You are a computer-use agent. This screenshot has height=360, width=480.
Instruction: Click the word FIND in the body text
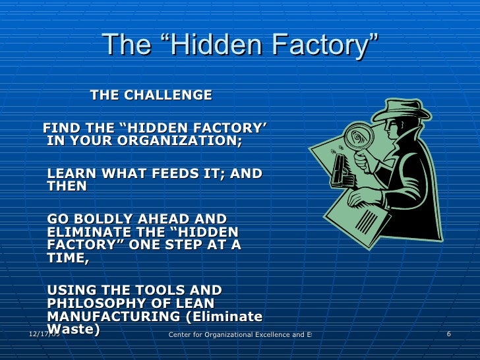[60, 128]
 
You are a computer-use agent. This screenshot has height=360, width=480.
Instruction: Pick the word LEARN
[71, 174]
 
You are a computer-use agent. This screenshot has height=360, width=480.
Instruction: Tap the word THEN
[67, 187]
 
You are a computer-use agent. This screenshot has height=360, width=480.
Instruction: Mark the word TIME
[67, 258]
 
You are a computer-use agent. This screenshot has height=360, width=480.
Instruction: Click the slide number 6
[448, 334]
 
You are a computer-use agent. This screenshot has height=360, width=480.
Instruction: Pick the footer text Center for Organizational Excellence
[237, 335]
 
